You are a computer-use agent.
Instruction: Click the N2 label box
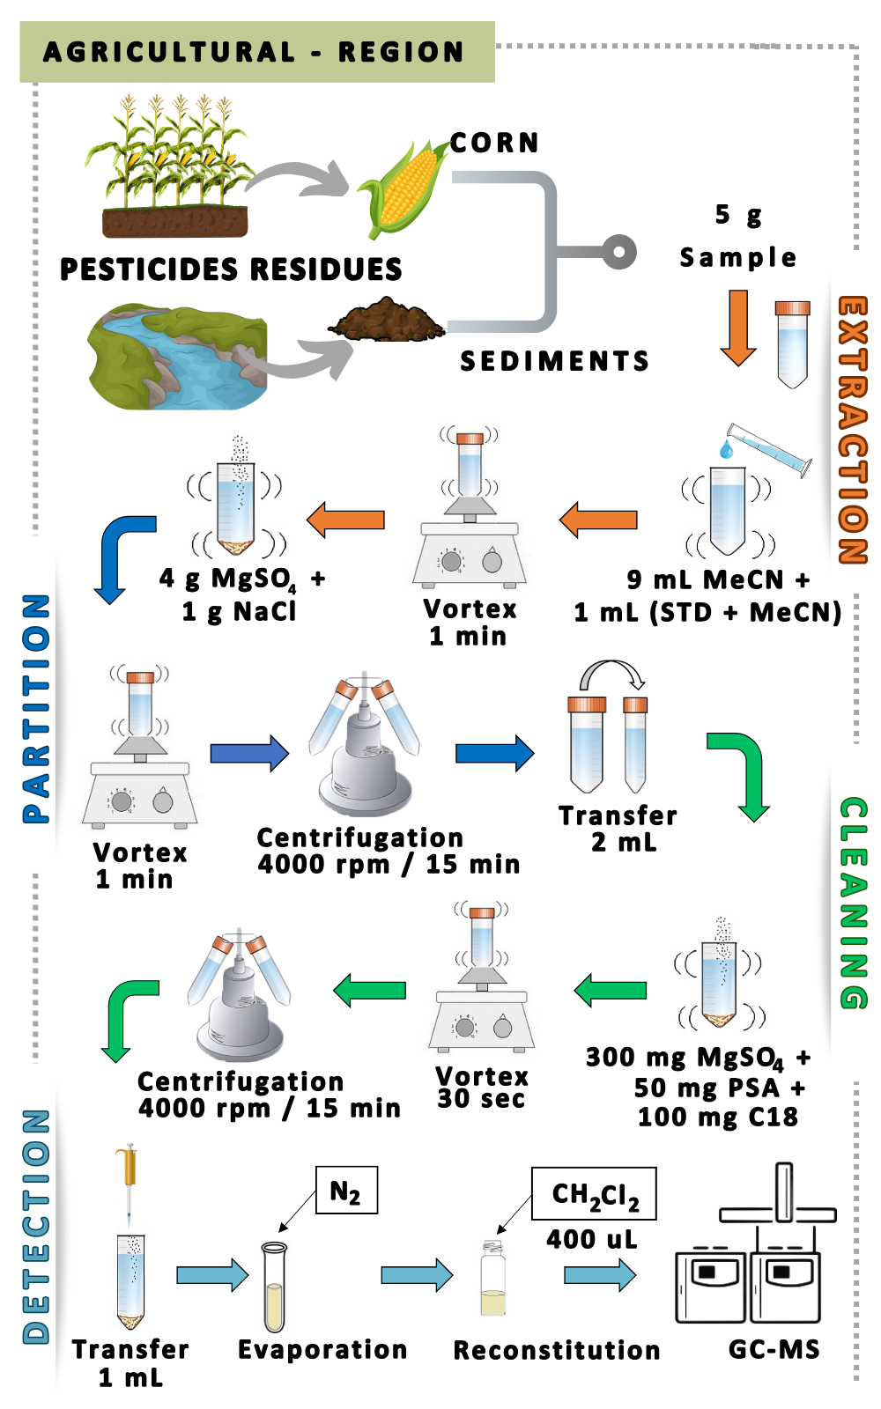tap(346, 1191)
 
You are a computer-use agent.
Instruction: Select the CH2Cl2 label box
tap(594, 1194)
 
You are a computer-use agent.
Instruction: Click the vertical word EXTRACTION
tap(852, 430)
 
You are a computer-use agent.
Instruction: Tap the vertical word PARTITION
tap(36, 709)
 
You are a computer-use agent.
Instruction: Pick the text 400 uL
tap(591, 1239)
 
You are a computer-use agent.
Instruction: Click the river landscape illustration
tap(176, 357)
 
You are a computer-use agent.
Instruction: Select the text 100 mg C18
tap(717, 1118)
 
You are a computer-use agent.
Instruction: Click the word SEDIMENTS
tap(554, 361)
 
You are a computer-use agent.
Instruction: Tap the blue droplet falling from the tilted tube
tap(726, 450)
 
